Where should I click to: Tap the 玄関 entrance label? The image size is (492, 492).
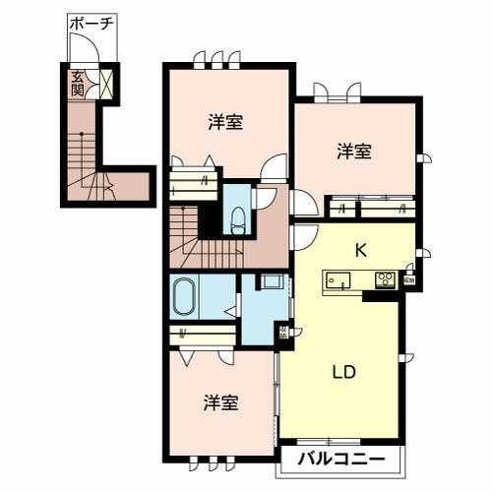point(76,82)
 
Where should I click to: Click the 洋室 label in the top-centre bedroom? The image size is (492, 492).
point(225,122)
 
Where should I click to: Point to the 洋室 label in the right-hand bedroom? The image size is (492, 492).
point(354,152)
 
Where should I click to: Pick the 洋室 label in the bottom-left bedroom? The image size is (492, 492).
point(221,402)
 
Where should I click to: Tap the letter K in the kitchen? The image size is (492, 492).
point(361,250)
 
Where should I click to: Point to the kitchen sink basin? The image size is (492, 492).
point(338,279)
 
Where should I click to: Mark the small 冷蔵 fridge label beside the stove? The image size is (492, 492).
point(408,280)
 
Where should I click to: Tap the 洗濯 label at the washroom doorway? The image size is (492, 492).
point(283,332)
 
